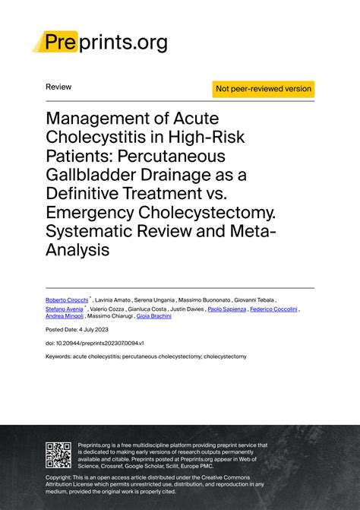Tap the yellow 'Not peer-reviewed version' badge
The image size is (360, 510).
(x=264, y=89)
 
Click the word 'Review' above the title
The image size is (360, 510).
(x=58, y=87)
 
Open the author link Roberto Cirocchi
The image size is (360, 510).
(x=66, y=300)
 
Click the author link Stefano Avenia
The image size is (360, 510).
(x=65, y=309)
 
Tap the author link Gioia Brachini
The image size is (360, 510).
(x=154, y=316)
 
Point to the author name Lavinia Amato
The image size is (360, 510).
(x=113, y=300)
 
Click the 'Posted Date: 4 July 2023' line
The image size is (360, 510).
(x=77, y=331)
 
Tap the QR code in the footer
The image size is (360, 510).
(x=59, y=454)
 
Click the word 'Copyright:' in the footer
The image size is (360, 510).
(x=61, y=477)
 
